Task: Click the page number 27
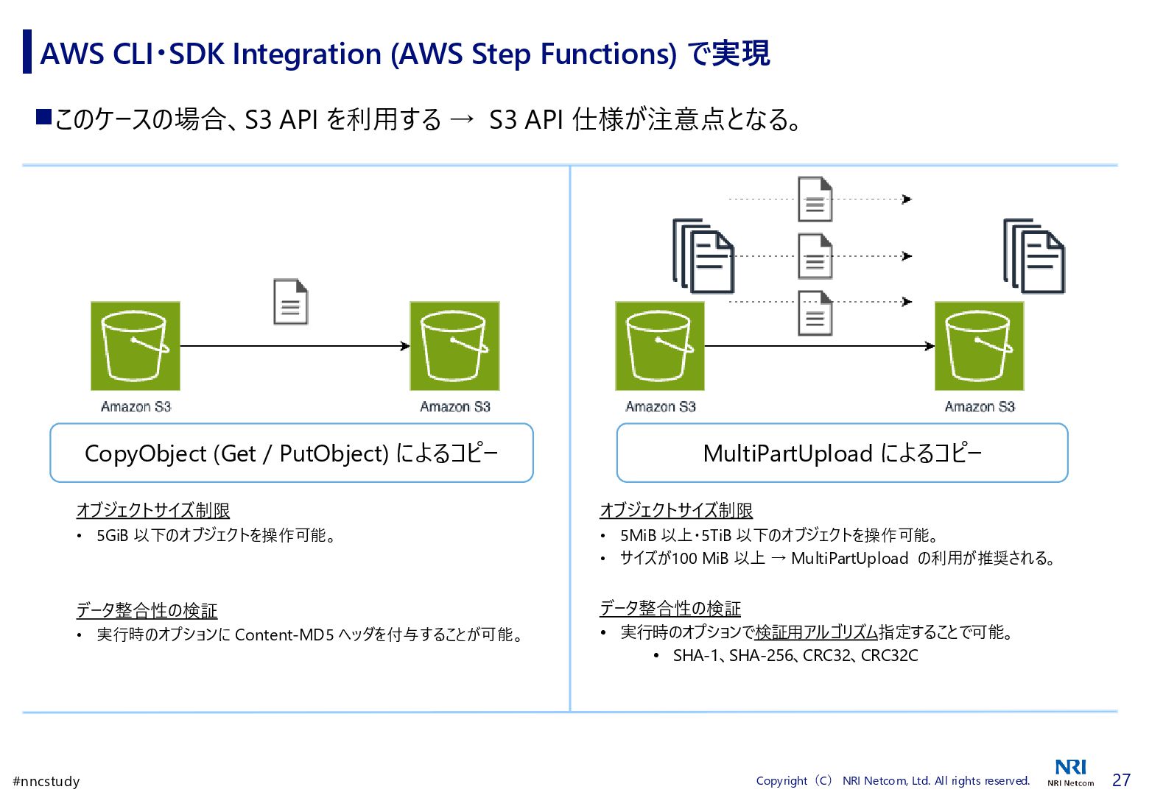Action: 1121,780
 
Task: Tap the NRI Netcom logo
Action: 1070,772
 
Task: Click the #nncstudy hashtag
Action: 46,782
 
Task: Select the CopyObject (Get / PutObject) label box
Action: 291,453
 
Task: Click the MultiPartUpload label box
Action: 842,453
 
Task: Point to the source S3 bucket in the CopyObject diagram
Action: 136,346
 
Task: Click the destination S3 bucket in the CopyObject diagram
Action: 454,346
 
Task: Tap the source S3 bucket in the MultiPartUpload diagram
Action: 660,346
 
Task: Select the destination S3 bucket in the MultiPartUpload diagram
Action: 979,346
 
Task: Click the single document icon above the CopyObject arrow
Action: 290,302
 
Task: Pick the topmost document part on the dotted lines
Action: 815,199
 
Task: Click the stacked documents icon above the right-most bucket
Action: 1034,256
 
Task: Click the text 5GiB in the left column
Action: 113,535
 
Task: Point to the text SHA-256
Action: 762,656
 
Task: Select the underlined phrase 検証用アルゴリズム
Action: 816,632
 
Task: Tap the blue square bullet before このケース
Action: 43,116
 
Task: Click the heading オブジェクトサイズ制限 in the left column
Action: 153,510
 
